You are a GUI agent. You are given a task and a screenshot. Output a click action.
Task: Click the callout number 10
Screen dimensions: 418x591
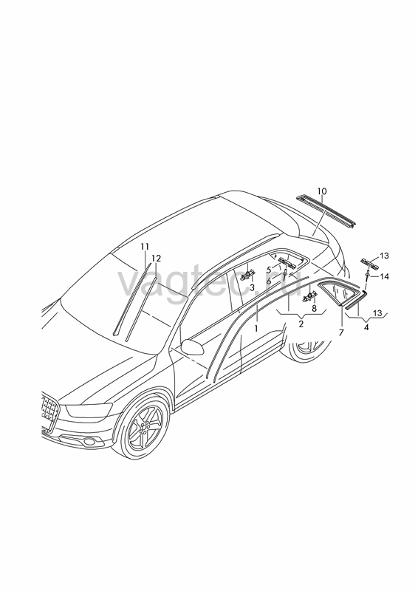(321, 191)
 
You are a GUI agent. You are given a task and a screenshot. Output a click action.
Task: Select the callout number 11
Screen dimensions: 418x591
(145, 247)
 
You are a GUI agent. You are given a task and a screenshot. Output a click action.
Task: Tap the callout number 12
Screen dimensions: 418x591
(156, 259)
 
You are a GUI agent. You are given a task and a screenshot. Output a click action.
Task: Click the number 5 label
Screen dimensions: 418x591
(269, 270)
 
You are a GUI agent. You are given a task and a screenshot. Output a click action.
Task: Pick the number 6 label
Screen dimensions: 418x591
(268, 281)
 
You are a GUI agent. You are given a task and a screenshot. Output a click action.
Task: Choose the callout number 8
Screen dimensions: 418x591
(315, 308)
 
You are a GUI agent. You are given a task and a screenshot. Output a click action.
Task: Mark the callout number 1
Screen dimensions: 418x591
(256, 329)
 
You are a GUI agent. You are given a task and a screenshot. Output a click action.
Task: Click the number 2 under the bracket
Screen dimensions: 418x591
(301, 324)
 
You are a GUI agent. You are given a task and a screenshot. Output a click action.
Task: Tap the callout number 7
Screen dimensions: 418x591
(341, 332)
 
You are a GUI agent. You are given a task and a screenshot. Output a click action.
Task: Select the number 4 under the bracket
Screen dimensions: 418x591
(366, 327)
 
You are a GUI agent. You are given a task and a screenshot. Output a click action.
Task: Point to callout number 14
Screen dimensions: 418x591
(384, 276)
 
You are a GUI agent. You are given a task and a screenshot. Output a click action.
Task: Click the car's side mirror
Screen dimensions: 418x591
(192, 346)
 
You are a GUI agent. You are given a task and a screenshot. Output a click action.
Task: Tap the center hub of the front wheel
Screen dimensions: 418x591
(144, 427)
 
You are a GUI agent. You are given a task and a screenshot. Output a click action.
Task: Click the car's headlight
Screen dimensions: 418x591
(89, 410)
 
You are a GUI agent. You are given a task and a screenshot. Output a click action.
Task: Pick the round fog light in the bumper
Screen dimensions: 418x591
(89, 441)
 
